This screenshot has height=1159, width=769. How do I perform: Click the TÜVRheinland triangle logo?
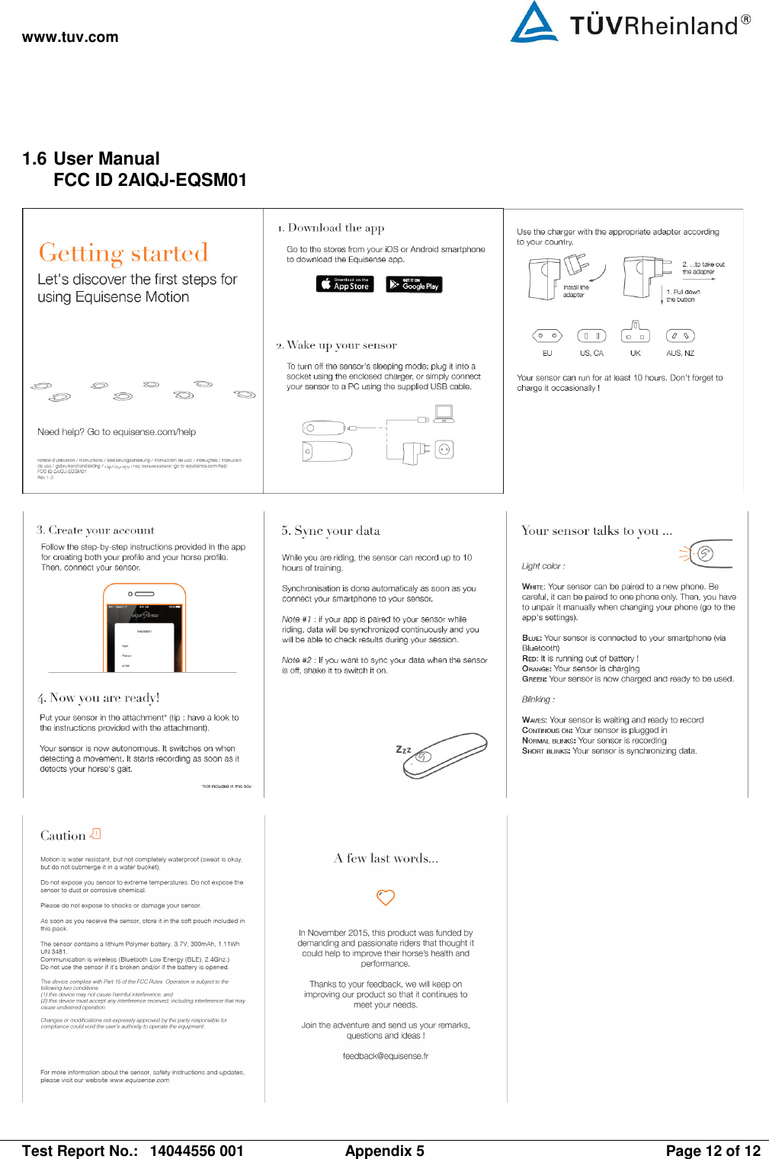coord(534,21)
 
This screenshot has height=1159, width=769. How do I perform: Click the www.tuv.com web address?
coord(70,37)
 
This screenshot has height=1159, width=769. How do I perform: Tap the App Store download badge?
coord(344,284)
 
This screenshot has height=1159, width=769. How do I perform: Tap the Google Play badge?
coord(414,284)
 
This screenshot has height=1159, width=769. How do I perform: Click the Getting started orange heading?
coord(123,253)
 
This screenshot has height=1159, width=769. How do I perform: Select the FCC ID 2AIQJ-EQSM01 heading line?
coord(150,180)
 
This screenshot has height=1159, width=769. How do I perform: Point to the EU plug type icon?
coord(546,335)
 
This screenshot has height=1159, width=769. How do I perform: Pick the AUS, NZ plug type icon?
coord(680,335)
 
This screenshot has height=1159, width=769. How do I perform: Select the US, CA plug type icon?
coord(591,335)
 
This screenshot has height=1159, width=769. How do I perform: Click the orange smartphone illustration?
coord(144,627)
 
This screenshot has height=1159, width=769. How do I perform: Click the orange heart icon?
coord(386,898)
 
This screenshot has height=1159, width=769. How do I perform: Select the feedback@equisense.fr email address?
coord(386,1056)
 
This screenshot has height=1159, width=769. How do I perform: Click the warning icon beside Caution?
coord(95,834)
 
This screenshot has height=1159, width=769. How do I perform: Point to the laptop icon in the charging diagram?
coord(444,414)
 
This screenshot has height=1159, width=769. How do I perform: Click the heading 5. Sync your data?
coord(331,531)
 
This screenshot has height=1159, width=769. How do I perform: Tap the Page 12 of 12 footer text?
coord(713,1151)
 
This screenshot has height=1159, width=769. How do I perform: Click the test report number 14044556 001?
coord(197,1151)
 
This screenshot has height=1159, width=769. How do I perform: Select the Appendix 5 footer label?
coord(384,1151)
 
